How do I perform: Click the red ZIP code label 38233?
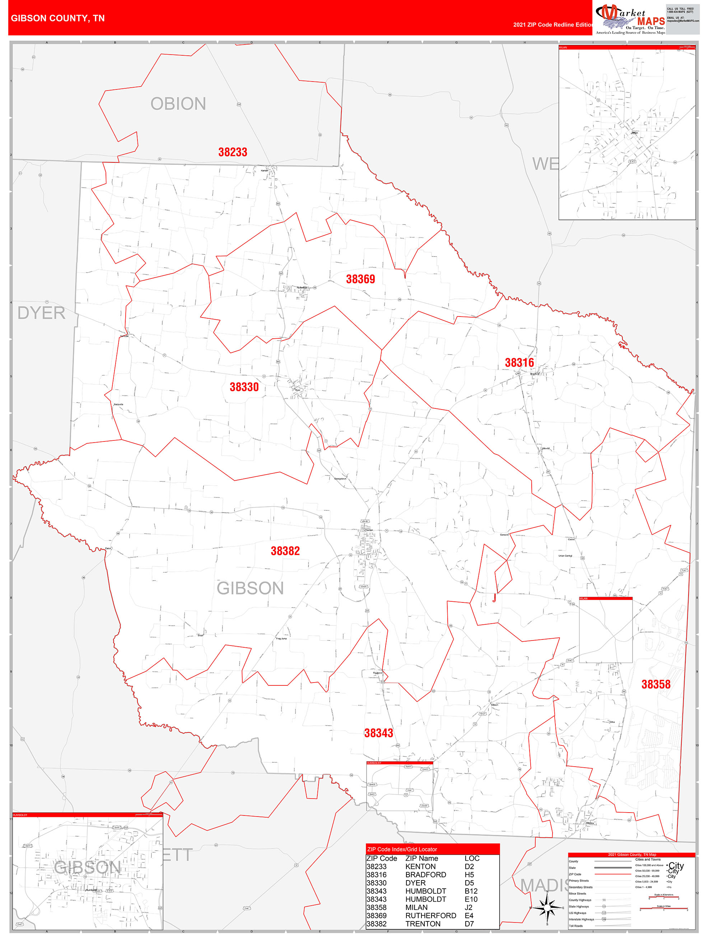click(233, 152)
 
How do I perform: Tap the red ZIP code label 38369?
click(360, 279)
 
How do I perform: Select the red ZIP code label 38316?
click(519, 363)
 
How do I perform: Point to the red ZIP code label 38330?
click(244, 387)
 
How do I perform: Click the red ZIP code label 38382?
click(285, 551)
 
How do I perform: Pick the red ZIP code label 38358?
click(656, 684)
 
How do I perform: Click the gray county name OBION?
click(178, 104)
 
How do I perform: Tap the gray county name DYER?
click(41, 313)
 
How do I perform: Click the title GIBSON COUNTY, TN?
click(58, 18)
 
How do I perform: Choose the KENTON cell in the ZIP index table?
click(420, 866)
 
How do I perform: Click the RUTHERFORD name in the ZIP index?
click(430, 915)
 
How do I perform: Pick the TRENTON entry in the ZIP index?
click(423, 924)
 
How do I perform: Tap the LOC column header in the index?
click(472, 859)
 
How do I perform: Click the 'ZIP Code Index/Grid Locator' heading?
click(402, 849)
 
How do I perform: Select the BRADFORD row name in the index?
click(425, 874)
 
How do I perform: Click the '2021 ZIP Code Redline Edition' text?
click(553, 24)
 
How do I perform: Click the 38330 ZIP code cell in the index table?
click(376, 883)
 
